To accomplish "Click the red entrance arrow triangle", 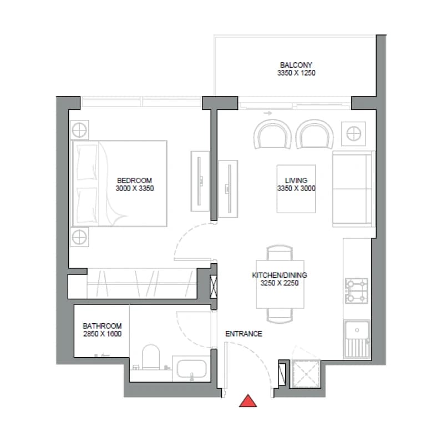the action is pos(248,402).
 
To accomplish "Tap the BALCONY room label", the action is pos(296,65).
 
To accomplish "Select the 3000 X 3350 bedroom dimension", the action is pos(135,188).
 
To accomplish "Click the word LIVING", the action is pos(296,180).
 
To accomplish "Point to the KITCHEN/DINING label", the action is pos(279,275).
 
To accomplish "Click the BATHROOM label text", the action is pos(102,326).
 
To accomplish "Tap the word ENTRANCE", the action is pos(244,334).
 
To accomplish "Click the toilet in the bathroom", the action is pos(151,357).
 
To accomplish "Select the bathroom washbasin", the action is pos(191,369).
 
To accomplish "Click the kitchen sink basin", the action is pos(357,330).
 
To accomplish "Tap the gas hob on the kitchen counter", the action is pos(357,291).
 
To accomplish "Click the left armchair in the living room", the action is pos(272,134).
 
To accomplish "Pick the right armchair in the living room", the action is pos(315,134).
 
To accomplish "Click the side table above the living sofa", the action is pos(353,133).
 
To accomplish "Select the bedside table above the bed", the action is pos(79,130).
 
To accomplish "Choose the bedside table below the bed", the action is pos(79,237).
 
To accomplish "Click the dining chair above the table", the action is pos(279,253).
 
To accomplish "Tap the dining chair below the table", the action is pos(279,315).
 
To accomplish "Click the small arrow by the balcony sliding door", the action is pos(268,113).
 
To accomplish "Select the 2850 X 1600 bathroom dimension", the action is pos(103,334).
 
